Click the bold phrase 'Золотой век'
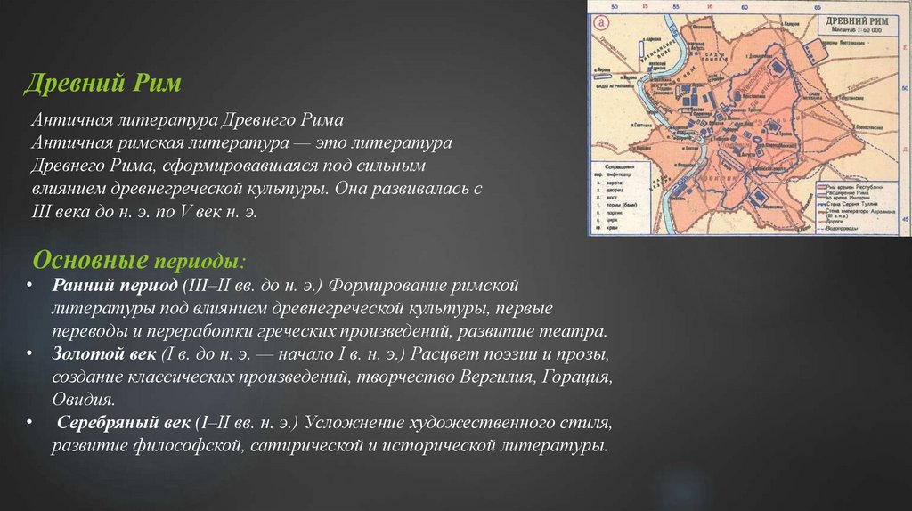pyautogui.click(x=104, y=354)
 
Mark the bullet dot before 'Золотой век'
pyautogui.click(x=30, y=354)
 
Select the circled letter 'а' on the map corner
pyautogui.click(x=601, y=22)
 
